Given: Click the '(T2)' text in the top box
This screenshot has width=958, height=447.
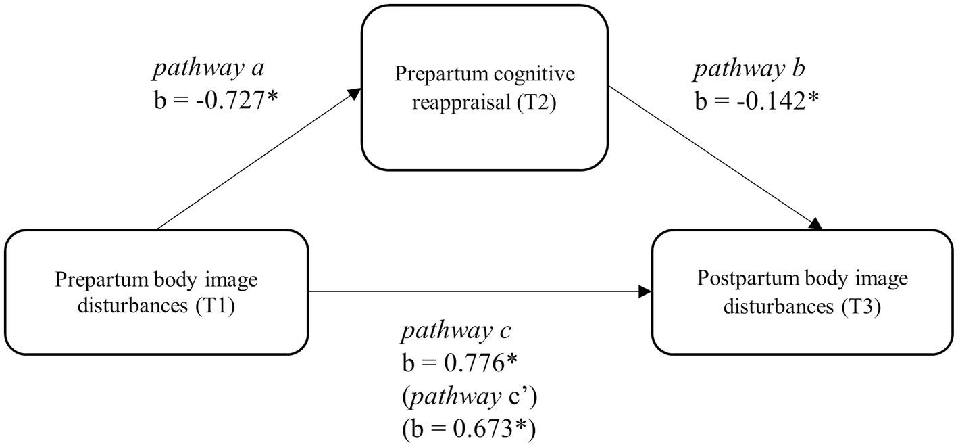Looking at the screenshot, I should (x=537, y=105).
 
